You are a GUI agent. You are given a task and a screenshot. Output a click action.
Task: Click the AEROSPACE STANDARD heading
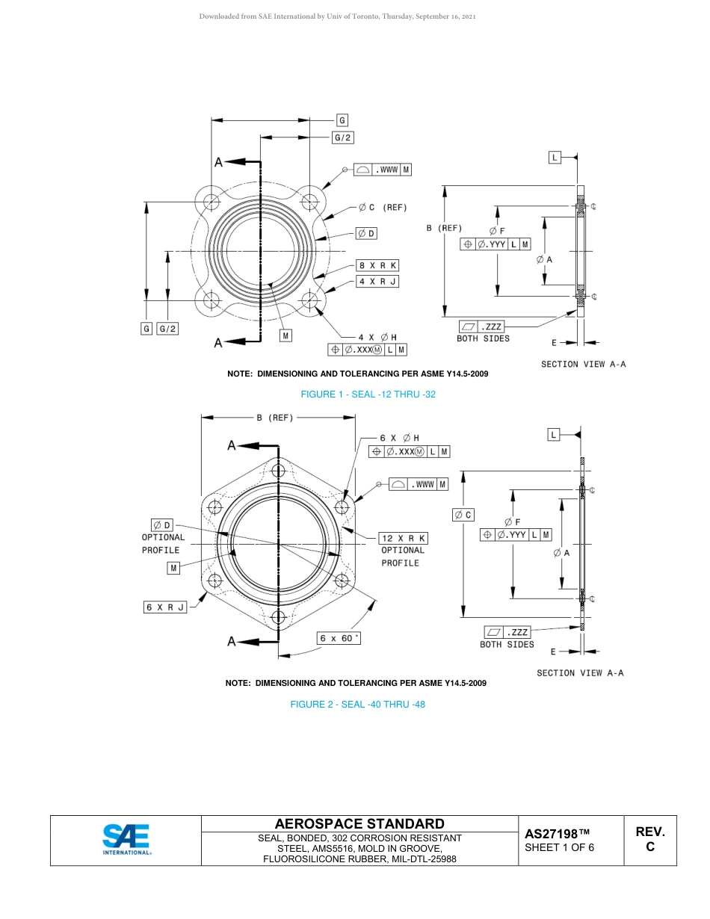point(359,824)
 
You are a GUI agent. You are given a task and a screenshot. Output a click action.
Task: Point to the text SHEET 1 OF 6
point(559,847)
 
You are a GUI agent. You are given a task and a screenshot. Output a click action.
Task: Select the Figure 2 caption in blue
point(357,705)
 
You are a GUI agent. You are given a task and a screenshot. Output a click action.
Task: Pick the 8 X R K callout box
point(377,265)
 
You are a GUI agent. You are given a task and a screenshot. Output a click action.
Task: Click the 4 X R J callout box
point(377,282)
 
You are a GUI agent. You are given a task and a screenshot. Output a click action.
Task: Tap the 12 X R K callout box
point(403,538)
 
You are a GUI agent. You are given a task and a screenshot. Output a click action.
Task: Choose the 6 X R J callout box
point(165,607)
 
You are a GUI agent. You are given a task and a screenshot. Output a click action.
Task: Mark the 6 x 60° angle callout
point(339,639)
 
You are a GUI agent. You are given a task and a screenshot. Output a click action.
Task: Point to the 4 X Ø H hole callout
point(377,337)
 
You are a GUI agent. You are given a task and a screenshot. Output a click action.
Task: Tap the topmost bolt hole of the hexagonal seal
point(279,471)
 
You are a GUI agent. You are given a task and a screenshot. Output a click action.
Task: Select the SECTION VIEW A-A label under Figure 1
point(583,364)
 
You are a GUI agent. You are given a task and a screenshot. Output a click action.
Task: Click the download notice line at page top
point(337,16)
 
